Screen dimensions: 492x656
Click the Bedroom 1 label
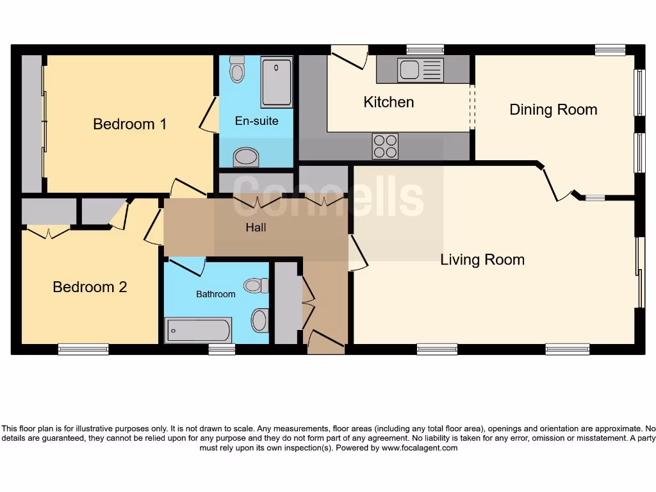[129, 124]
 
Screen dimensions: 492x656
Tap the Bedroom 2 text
[90, 287]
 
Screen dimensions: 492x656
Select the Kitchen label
[388, 102]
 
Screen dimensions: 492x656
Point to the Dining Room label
[553, 110]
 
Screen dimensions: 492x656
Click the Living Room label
[482, 259]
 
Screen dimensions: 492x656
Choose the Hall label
[256, 227]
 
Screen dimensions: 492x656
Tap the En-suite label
[256, 120]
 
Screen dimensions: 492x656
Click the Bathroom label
[215, 294]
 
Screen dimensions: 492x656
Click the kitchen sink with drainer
[420, 70]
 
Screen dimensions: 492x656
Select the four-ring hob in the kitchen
[385, 146]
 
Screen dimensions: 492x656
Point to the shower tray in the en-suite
[277, 82]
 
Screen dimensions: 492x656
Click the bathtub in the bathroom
[199, 331]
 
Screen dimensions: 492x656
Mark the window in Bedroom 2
[83, 349]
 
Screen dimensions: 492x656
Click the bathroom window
[222, 349]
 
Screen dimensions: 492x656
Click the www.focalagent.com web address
[419, 448]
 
